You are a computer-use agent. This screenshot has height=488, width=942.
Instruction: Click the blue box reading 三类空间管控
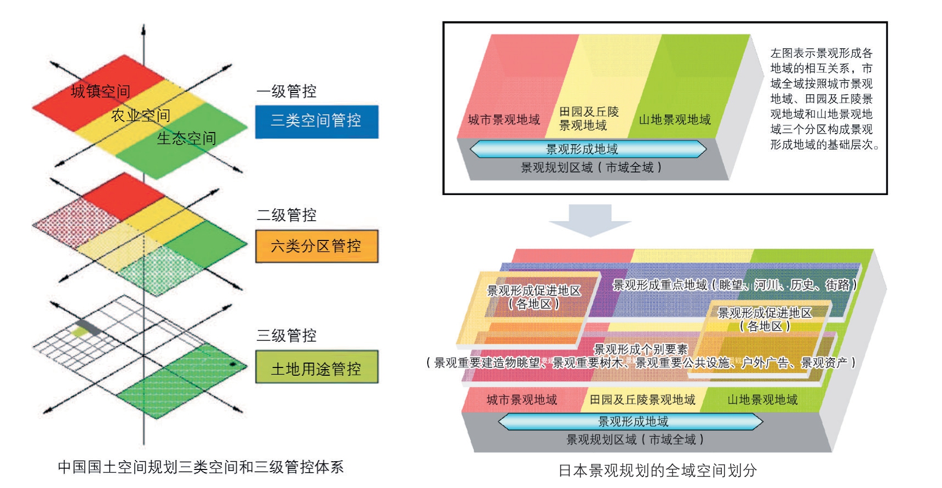tap(317, 121)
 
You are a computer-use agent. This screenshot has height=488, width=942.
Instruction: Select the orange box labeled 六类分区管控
tap(317, 246)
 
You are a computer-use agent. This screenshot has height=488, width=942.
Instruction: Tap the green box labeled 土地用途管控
tap(317, 368)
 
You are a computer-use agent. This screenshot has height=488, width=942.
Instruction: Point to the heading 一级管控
tap(286, 91)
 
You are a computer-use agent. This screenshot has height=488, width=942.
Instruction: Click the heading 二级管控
tap(286, 215)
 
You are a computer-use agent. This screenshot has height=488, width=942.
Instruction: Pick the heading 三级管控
tap(286, 335)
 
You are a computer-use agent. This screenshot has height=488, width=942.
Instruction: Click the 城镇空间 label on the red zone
tap(100, 91)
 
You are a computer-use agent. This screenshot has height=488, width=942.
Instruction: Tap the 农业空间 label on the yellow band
tap(141, 115)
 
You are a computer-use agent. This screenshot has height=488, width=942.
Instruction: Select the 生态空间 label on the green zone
tap(186, 138)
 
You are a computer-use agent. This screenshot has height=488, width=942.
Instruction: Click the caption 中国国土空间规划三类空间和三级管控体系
tap(200, 467)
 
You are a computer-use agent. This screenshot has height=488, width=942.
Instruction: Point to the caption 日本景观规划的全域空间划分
tap(657, 470)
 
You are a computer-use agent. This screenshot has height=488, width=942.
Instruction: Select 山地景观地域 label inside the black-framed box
tap(675, 119)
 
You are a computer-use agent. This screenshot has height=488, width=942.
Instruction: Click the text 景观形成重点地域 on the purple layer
tap(659, 285)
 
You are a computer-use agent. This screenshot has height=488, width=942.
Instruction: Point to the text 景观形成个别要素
tap(640, 349)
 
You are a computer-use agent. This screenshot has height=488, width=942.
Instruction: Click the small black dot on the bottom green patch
tap(232, 364)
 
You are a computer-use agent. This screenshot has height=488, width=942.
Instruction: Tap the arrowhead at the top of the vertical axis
tap(143, 28)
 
